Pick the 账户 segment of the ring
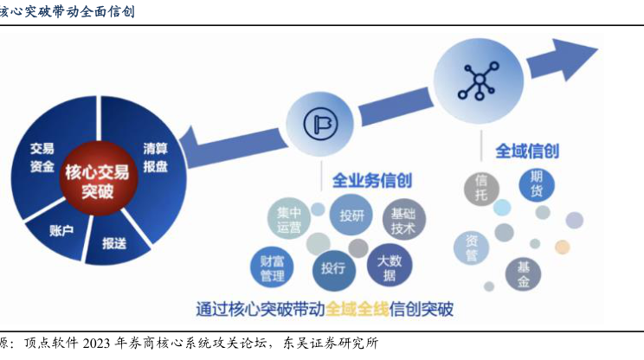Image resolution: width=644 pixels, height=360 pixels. point(61,230)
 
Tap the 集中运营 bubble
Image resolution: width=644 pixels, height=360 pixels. point(289,221)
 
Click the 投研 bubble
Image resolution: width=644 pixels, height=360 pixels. point(351,215)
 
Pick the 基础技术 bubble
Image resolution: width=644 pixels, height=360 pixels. point(403,222)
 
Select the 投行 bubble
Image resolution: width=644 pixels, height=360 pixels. point(333,268)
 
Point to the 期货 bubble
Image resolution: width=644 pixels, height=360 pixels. point(537,184)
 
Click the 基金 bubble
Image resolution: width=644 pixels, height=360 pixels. point(524,274)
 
